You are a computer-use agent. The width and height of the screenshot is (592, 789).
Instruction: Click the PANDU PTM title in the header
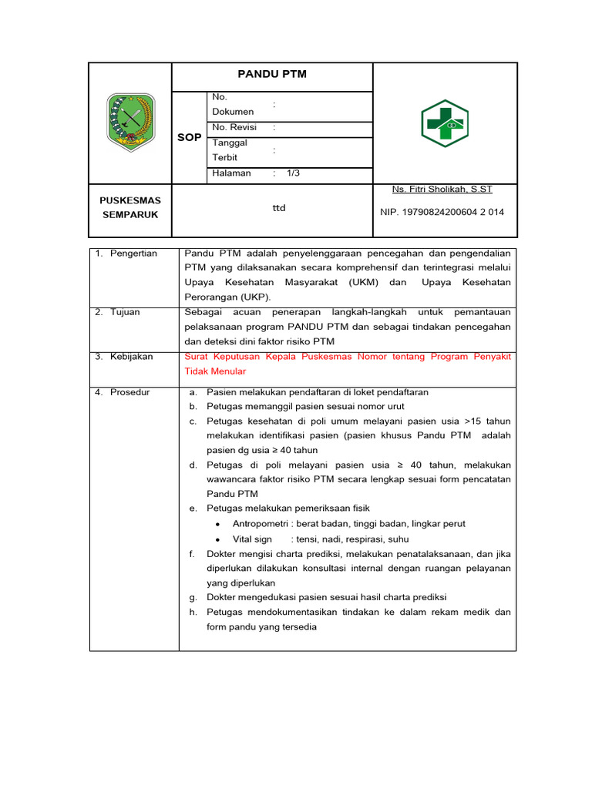[272, 75]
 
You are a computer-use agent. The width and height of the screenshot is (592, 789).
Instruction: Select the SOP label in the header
[189, 137]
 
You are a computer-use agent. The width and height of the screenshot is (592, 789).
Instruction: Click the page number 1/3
[293, 173]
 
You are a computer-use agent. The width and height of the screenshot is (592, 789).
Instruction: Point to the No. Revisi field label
[234, 127]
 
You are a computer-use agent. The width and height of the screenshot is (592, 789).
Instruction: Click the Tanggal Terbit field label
[230, 150]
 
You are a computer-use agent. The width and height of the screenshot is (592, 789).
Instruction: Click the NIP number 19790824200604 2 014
[442, 212]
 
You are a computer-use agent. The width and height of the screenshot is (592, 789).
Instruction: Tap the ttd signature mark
[278, 208]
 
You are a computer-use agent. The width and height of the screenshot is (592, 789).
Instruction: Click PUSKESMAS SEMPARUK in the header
[130, 207]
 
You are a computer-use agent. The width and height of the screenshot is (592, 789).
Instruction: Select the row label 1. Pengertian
[126, 253]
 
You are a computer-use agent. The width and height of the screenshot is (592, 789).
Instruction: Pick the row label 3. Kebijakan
[124, 357]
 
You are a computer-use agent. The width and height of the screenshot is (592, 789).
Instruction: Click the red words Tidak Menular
[215, 371]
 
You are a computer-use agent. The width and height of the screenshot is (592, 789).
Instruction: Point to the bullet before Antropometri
[219, 525]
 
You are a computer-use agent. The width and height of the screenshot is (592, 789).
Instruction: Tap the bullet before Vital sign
[219, 540]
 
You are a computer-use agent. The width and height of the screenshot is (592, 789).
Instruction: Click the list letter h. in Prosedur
[193, 613]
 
